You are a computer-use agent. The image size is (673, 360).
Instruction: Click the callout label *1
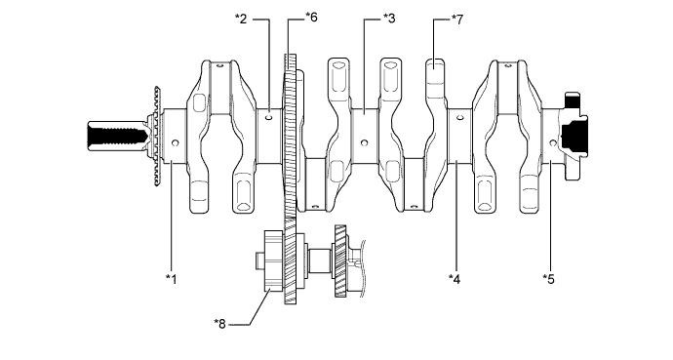tap(172, 278)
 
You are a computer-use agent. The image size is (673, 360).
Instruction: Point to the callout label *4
tap(455, 278)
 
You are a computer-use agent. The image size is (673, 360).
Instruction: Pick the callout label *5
tap(548, 278)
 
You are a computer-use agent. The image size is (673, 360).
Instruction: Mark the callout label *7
tap(457, 18)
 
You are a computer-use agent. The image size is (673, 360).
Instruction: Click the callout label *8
tap(221, 319)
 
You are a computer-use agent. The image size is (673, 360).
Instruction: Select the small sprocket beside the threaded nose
tap(149, 140)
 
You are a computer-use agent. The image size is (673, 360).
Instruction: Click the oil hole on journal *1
tap(175, 143)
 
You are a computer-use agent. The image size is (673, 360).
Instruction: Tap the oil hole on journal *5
tap(553, 143)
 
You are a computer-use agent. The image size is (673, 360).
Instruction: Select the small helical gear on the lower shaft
tap(340, 261)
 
